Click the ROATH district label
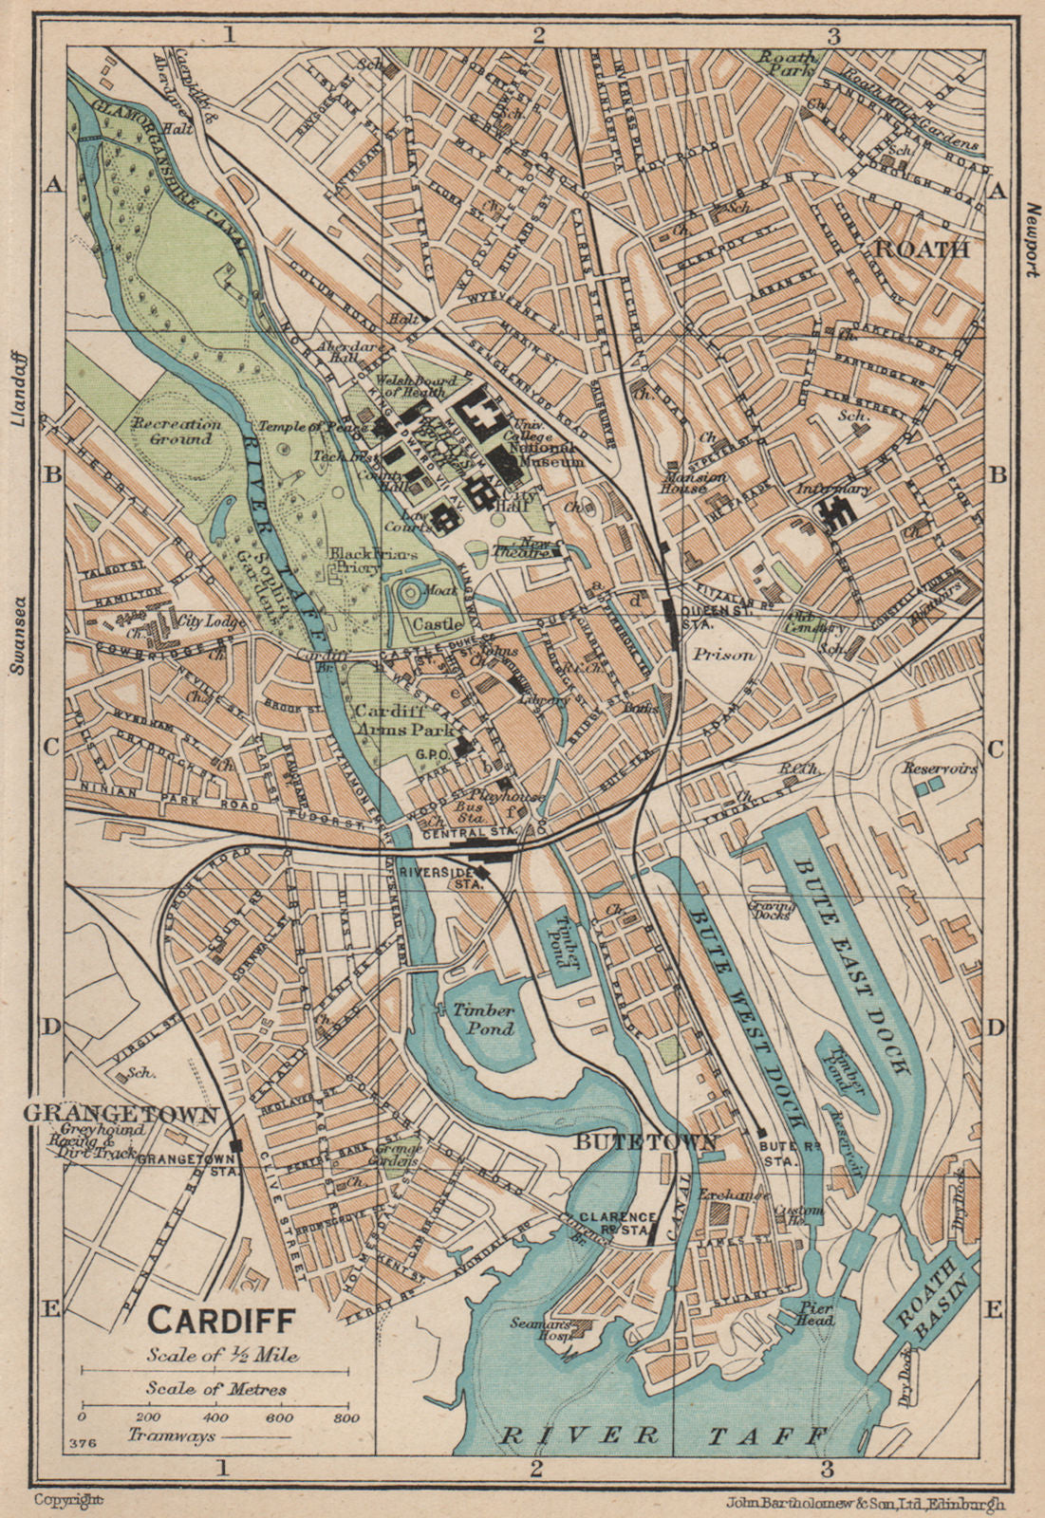coord(921,249)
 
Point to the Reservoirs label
coord(940,768)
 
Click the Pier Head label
coord(815,1313)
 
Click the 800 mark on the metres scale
coord(345,1418)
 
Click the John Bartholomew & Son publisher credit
coord(866,1502)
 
